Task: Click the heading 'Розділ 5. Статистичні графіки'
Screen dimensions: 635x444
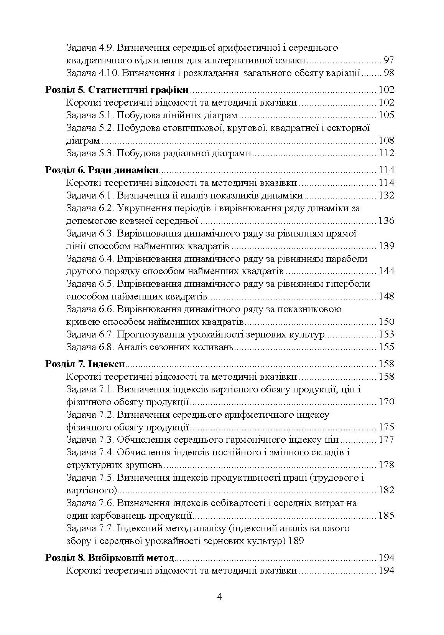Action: (x=117, y=90)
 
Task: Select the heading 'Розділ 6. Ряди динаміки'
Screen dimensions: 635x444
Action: (x=102, y=170)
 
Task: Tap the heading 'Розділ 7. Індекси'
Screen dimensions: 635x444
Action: (x=86, y=364)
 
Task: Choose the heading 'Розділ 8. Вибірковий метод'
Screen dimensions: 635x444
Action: (x=110, y=557)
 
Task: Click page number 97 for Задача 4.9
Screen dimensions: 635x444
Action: (x=388, y=60)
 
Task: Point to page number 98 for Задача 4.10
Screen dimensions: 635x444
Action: (x=388, y=73)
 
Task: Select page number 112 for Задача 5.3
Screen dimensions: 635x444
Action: (x=386, y=153)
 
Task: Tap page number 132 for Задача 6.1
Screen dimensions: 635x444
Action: (x=386, y=195)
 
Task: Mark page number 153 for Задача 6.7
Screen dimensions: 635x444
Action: (x=386, y=334)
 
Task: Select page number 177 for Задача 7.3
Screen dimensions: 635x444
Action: (x=386, y=440)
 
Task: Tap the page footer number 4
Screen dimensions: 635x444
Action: (x=220, y=596)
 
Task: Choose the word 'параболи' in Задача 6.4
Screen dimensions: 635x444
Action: (x=349, y=259)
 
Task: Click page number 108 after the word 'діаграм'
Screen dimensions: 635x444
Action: (x=386, y=141)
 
